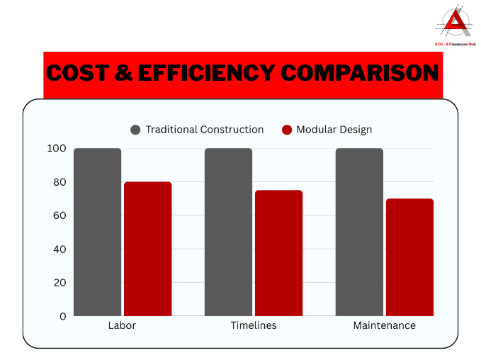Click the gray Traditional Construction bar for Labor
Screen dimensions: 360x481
click(98, 232)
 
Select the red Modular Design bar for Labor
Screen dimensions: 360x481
click(147, 249)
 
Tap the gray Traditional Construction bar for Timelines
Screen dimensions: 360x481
click(228, 232)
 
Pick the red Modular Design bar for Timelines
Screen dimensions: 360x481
click(278, 253)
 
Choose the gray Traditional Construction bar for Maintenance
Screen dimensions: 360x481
click(359, 232)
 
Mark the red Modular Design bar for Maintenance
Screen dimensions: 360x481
click(409, 257)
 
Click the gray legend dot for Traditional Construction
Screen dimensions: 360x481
click(135, 130)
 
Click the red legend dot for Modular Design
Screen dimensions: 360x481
click(287, 130)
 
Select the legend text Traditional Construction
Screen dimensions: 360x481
click(204, 130)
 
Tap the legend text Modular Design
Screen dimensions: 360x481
click(334, 130)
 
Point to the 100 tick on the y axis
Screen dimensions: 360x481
click(57, 148)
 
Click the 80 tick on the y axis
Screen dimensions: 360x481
click(60, 182)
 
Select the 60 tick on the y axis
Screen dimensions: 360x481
click(60, 215)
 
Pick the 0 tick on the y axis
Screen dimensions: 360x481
click(63, 316)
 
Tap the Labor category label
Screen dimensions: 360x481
click(123, 326)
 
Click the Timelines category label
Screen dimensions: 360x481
click(254, 326)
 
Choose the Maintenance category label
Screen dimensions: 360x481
click(384, 326)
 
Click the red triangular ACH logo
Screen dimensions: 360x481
click(453, 23)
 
